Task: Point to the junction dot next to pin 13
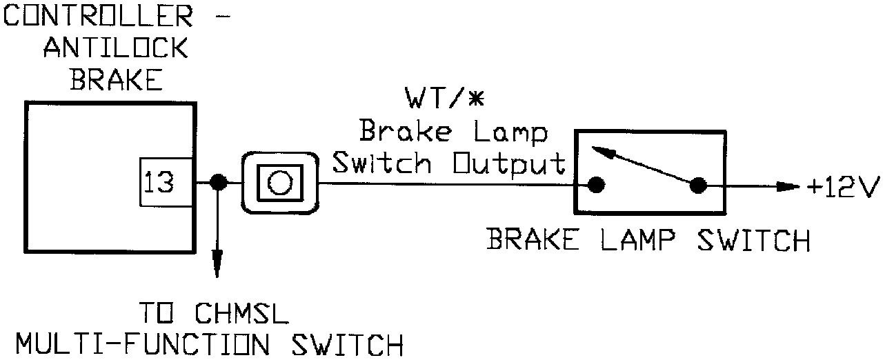click(218, 182)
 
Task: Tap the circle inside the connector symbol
click(279, 183)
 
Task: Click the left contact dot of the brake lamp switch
click(597, 185)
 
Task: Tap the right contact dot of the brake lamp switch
click(697, 185)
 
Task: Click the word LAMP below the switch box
click(630, 241)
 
